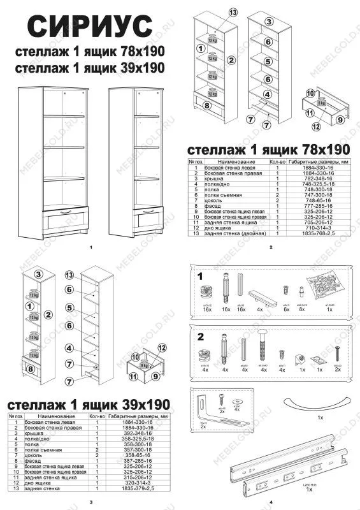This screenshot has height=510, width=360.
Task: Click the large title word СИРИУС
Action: point(91,27)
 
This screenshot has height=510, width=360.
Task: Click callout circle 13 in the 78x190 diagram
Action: point(233,13)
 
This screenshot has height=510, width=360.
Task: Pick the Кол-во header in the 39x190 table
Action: point(97,415)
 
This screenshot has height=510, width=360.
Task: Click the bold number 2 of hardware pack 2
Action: point(201,337)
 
